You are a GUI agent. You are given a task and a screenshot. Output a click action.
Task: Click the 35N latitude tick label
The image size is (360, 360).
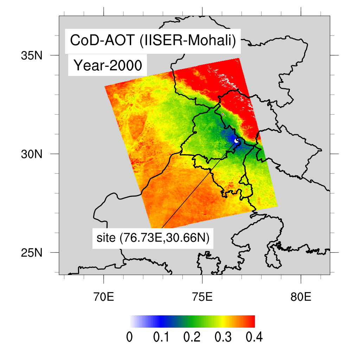(34, 55)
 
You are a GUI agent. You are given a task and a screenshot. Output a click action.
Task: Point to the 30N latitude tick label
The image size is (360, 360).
(34, 154)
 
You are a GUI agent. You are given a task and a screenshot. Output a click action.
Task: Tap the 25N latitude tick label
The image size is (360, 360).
(34, 252)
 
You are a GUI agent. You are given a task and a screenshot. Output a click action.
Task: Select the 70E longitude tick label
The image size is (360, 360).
(104, 297)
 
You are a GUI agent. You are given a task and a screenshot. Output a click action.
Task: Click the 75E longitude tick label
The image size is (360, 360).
(202, 297)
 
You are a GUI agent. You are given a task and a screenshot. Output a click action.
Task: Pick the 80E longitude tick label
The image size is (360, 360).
(301, 297)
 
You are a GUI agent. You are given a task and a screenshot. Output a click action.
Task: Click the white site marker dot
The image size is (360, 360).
(237, 141)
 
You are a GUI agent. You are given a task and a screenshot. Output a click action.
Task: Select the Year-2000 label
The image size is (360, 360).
(107, 65)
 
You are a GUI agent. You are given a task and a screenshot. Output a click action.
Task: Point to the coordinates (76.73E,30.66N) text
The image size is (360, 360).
(165, 238)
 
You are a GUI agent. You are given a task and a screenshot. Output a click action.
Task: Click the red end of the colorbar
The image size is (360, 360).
(250, 321)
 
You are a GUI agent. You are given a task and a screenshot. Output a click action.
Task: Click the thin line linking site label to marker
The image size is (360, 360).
(197, 186)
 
